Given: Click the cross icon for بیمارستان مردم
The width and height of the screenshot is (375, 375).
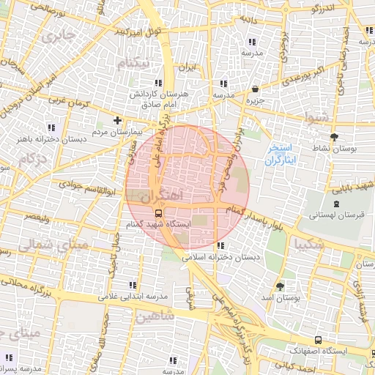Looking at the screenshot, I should [x=116, y=120].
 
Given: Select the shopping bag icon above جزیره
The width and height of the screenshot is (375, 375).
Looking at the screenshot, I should [x=255, y=89].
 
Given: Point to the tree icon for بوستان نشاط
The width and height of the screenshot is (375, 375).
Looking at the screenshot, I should [x=335, y=136].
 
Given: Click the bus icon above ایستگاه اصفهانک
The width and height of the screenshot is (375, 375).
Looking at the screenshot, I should [x=318, y=340].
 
